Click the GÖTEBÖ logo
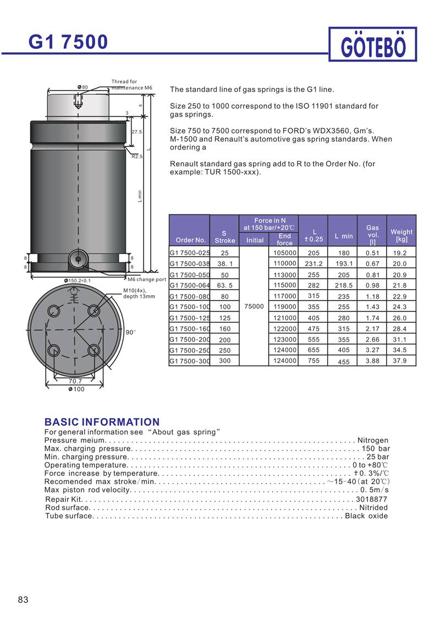pos(373,45)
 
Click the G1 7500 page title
pos(68,42)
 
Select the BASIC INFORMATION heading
pos(102,422)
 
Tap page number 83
pos(23,599)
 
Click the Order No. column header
pos(191,240)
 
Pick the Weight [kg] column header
pos(402,235)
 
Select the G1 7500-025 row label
pos(190,253)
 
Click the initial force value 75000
pos(254,307)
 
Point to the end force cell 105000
pos(285,253)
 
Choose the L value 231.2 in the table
pos(313,264)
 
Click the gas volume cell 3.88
pos(372,361)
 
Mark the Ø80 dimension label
pos(83,87)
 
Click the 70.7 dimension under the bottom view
pos(75,381)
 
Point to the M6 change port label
pos(147,280)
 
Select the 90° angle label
pos(130,333)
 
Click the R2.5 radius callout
pos(137,157)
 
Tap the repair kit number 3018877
pos(372,499)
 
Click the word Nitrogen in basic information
pos(373,440)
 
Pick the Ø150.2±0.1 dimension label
pos(78,280)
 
